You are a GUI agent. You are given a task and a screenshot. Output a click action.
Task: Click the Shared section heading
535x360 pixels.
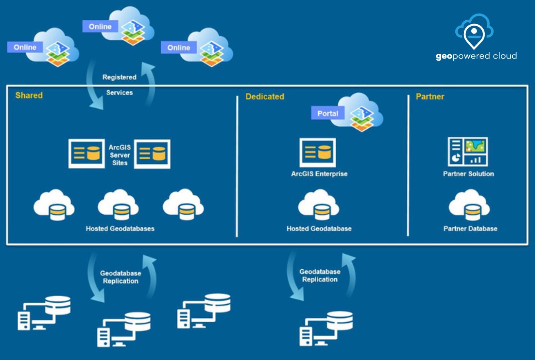point(29,96)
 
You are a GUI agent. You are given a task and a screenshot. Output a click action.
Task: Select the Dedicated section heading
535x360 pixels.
point(265,97)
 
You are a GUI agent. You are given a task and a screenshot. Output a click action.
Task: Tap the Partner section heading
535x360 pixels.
point(430,97)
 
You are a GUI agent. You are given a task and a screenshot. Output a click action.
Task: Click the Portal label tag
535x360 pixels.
point(327,113)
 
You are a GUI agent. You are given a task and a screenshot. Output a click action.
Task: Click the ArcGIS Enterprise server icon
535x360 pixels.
point(317,153)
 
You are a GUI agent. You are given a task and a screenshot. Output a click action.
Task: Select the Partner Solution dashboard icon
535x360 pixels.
point(468,152)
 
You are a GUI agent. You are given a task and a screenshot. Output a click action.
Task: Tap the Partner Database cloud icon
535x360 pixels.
point(469,205)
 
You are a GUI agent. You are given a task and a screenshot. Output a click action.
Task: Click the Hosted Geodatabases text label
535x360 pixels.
point(120,229)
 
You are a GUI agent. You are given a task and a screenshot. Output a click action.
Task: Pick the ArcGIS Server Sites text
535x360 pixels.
point(120,155)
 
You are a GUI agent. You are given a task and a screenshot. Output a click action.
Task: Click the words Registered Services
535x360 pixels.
point(120,85)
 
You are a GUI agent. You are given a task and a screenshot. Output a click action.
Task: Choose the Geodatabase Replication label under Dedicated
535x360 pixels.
point(320,276)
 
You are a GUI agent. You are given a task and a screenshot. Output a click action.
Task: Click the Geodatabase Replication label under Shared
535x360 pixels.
point(120,277)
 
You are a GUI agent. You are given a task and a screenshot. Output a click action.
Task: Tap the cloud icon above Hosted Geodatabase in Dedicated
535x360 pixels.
point(319,205)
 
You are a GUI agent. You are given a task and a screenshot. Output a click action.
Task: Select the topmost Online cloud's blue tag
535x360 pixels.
point(100,27)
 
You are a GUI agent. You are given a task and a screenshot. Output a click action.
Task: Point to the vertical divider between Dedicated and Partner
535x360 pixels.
point(408,165)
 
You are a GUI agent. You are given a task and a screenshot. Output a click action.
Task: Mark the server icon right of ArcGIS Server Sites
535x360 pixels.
point(152,154)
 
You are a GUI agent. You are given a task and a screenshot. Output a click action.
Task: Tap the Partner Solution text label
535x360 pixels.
point(468,174)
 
